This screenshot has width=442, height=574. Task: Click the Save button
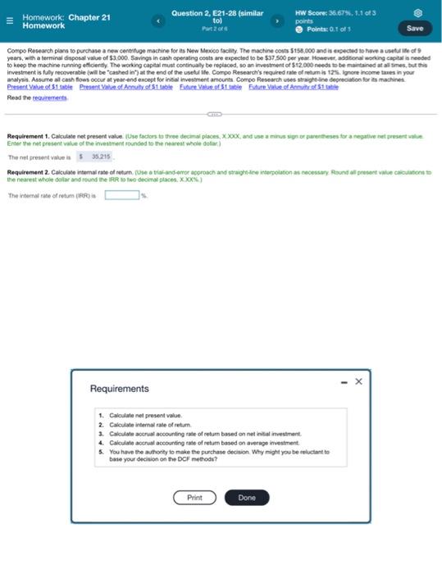coord(414,28)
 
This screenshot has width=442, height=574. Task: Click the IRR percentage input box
coord(121,195)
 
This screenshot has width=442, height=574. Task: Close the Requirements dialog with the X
coord(358,380)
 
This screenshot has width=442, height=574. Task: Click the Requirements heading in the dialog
coord(120,389)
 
